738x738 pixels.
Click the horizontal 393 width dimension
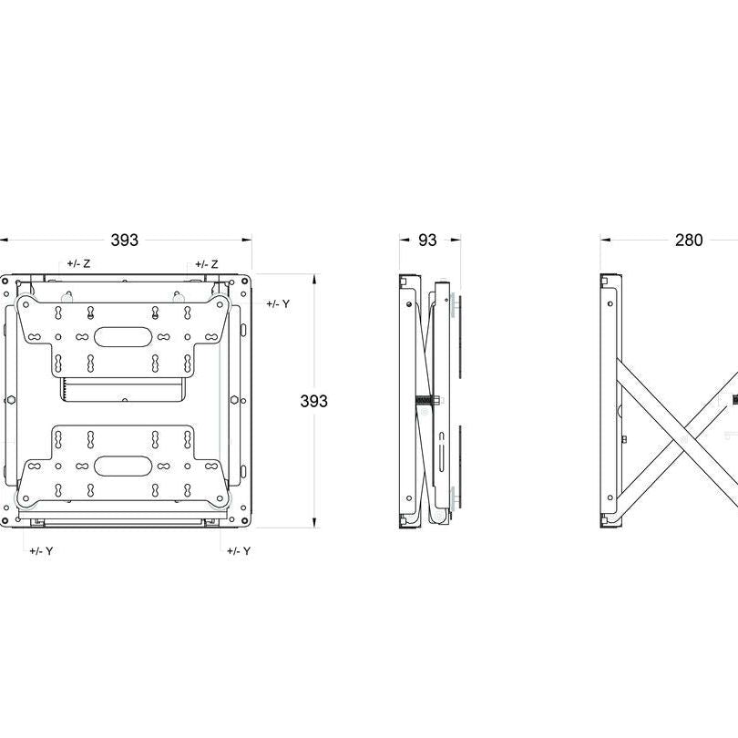point(125,241)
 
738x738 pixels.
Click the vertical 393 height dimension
point(314,401)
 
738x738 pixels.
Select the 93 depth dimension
point(426,241)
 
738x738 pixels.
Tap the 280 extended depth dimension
point(689,241)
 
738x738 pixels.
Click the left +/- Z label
point(78,263)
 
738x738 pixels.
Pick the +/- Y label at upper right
point(278,303)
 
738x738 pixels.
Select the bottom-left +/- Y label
point(41,551)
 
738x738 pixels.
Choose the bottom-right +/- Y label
point(239,551)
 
